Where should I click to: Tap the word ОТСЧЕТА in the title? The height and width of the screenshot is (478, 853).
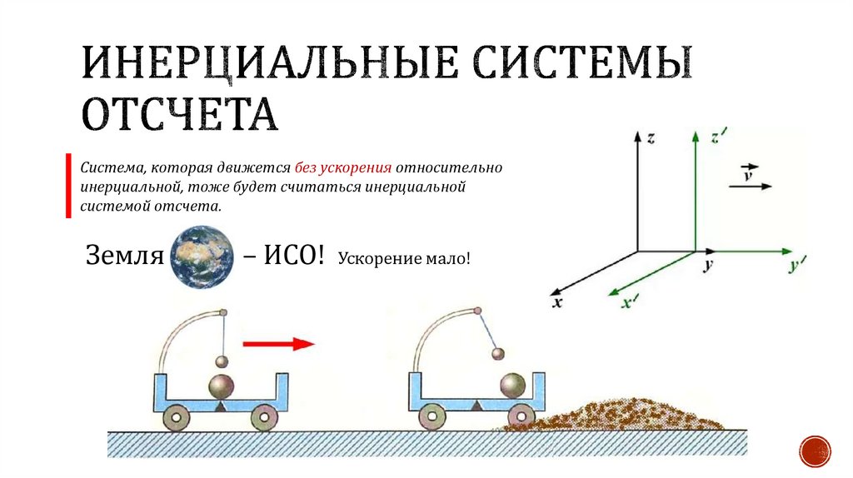[x=179, y=114]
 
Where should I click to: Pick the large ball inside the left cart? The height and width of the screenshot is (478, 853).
[x=222, y=387]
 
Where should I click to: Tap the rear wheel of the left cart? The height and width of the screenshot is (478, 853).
[x=177, y=416]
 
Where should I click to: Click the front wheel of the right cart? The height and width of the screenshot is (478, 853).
[x=522, y=416]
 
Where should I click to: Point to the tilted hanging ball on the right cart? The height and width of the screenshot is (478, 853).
[x=499, y=354]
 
